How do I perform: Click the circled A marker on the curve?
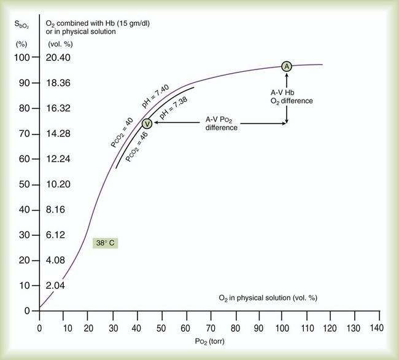click(286, 66)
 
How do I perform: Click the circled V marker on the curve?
click(147, 123)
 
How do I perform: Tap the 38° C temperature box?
click(104, 243)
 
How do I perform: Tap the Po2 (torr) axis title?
click(206, 342)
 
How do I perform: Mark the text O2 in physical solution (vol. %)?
click(268, 297)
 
